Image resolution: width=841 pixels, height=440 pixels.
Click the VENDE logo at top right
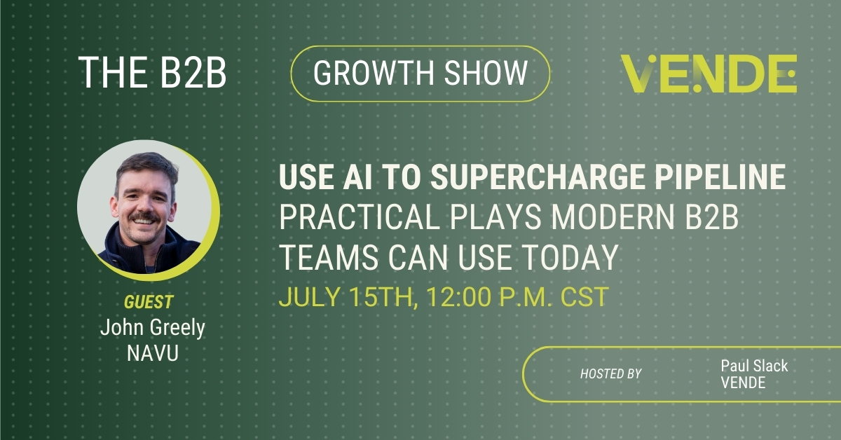(x=709, y=74)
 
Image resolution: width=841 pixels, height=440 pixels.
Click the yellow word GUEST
(x=148, y=303)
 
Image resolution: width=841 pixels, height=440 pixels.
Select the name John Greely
(x=152, y=328)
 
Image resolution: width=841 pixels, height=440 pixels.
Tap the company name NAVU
(x=152, y=353)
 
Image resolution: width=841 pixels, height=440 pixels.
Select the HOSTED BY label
(x=610, y=373)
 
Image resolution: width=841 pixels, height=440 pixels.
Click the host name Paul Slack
(x=753, y=365)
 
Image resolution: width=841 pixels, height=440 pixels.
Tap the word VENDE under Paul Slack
(x=743, y=383)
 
